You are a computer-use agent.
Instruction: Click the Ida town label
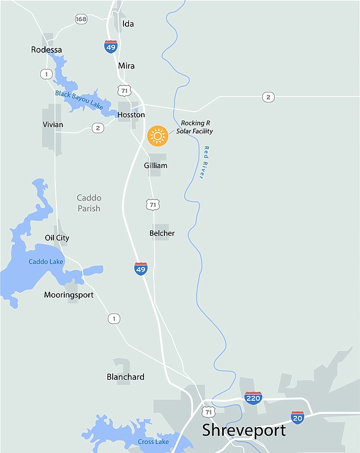(128, 24)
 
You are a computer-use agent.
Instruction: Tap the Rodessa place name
(47, 50)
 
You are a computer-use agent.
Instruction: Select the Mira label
(127, 66)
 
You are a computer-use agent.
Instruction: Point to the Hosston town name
(131, 115)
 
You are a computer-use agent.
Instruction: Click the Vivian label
(53, 125)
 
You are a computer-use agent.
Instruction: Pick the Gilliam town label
(155, 166)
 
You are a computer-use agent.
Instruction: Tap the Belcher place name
(162, 233)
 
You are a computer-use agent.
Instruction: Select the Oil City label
(57, 238)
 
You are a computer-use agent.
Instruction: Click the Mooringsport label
(68, 295)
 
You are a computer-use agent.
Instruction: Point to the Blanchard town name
(125, 377)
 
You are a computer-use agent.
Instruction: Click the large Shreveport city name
(244, 430)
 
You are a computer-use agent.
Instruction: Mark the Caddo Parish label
(89, 203)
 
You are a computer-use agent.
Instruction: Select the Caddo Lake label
(44, 262)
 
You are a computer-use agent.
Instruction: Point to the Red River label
(204, 162)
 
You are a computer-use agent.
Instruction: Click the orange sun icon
(158, 136)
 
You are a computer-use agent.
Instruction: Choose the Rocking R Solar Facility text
(194, 127)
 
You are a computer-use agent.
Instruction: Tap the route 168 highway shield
(82, 19)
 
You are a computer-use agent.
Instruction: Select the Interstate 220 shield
(253, 397)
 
